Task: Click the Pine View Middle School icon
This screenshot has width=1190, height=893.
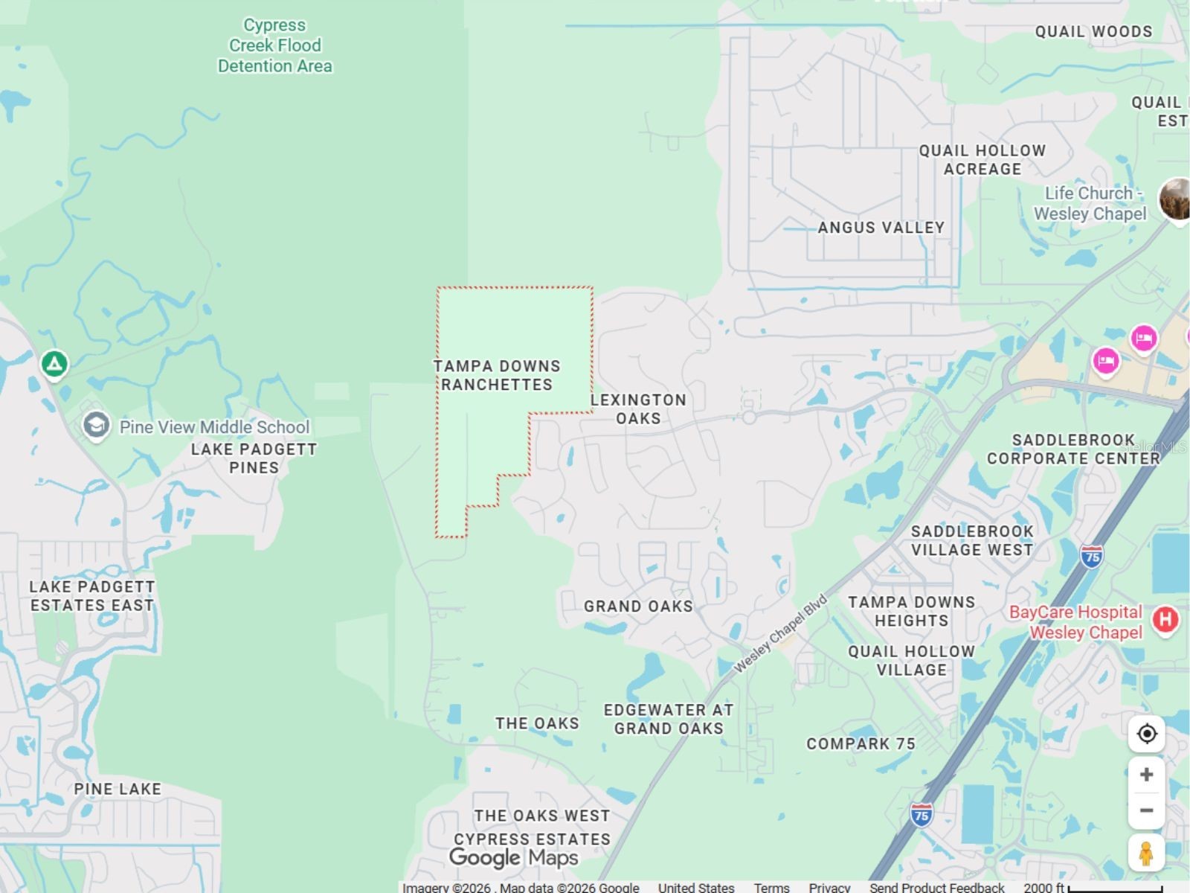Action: [x=96, y=426]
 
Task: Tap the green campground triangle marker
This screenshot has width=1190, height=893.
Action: [x=54, y=364]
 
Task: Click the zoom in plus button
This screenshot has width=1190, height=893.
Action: [x=1146, y=775]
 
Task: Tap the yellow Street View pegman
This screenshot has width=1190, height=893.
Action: [x=1146, y=853]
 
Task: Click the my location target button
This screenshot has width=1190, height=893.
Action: [x=1146, y=734]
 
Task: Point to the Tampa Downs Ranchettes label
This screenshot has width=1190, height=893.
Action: [x=497, y=375]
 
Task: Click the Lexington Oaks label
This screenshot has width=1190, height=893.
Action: [x=638, y=409]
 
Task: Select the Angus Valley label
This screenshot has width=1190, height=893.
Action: [x=881, y=228]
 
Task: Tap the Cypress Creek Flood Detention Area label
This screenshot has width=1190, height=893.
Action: [x=275, y=45]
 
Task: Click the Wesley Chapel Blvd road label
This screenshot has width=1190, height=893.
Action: [x=780, y=633]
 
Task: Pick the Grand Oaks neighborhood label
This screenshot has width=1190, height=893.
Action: [x=638, y=606]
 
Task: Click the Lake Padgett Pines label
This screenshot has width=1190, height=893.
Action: [x=254, y=458]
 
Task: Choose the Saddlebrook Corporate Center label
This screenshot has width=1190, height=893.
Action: [x=1073, y=449]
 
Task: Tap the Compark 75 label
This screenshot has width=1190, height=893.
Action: [x=861, y=744]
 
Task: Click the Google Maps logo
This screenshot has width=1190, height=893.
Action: [x=514, y=858]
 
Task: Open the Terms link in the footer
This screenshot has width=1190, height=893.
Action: [x=771, y=887]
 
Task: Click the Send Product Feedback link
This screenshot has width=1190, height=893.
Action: [x=936, y=887]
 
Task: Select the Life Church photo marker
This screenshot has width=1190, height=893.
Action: [x=1175, y=199]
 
